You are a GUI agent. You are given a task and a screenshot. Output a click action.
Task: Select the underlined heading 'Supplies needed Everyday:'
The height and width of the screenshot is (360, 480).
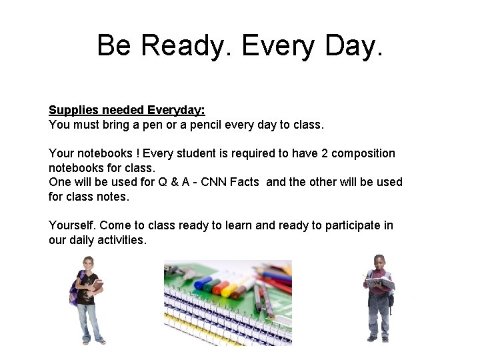pyautogui.click(x=127, y=110)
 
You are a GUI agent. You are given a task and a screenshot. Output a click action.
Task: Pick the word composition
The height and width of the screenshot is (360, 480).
pyautogui.click(x=363, y=153)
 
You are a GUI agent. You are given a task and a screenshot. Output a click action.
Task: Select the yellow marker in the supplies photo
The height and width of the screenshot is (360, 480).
pyautogui.click(x=231, y=291)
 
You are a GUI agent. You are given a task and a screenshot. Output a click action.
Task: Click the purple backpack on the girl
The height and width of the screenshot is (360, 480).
pyautogui.click(x=75, y=289)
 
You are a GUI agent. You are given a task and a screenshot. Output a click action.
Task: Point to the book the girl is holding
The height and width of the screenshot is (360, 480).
pyautogui.click(x=97, y=286)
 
